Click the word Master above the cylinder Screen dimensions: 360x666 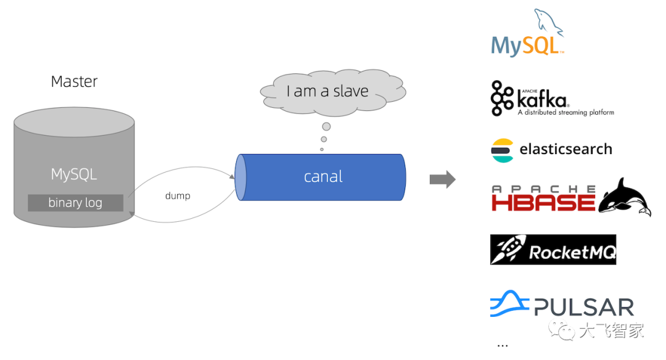pyautogui.click(x=74, y=81)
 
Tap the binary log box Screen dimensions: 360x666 pyautogui.click(x=75, y=203)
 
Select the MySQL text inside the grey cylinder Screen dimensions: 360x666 pyautogui.click(x=74, y=174)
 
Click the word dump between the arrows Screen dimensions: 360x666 pyautogui.click(x=178, y=196)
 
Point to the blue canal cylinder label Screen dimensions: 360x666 pyautogui.click(x=323, y=177)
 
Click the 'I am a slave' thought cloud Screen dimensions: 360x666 pyautogui.click(x=327, y=91)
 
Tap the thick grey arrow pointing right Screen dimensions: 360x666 pyautogui.click(x=442, y=179)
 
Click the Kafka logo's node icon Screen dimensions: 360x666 pyautogui.click(x=502, y=99)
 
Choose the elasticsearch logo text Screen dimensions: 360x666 pyautogui.click(x=565, y=149)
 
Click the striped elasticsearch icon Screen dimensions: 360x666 pyautogui.click(x=502, y=150)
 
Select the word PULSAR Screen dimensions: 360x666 pyautogui.click(x=584, y=307)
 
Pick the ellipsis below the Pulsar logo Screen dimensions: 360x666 pyautogui.click(x=503, y=345)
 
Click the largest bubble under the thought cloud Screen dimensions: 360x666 pyautogui.click(x=326, y=126)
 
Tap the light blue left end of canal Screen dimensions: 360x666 pyautogui.click(x=240, y=177)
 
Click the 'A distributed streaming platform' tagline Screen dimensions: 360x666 pyautogui.click(x=565, y=113)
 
